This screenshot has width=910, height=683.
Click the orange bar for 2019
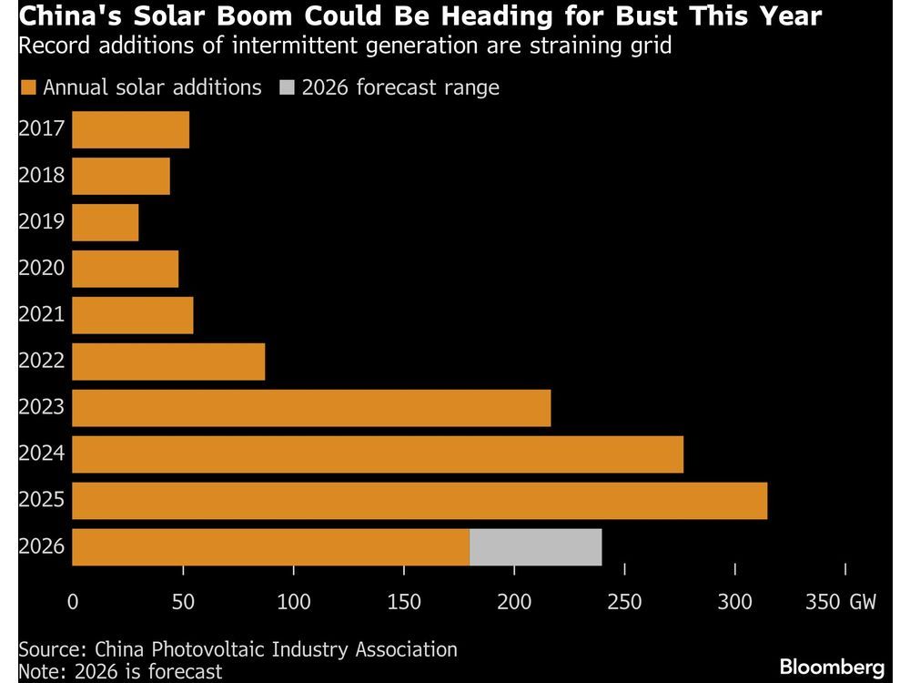(x=106, y=222)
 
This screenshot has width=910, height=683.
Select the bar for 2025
(x=420, y=501)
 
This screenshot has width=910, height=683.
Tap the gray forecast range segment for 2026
(x=535, y=547)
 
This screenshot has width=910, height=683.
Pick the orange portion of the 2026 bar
(x=270, y=547)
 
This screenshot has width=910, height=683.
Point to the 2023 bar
(x=311, y=408)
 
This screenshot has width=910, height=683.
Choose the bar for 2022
(x=168, y=362)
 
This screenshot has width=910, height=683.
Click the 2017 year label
(x=42, y=128)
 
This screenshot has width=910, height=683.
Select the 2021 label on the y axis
(x=42, y=314)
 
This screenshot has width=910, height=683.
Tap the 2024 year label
(x=42, y=454)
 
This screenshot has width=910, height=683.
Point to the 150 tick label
(x=403, y=602)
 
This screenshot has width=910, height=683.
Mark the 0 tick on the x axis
(x=73, y=602)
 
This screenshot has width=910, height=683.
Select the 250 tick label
(x=624, y=602)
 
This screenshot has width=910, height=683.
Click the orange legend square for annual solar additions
(x=27, y=88)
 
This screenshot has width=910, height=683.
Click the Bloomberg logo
(x=832, y=667)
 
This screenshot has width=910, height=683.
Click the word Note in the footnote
(x=38, y=671)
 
